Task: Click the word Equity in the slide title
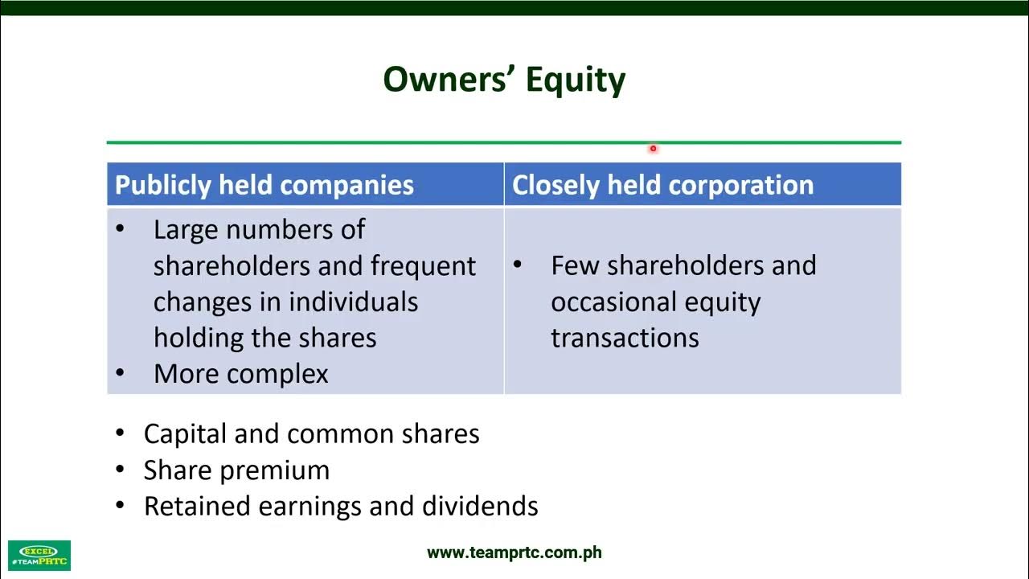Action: (x=576, y=80)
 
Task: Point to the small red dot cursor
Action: (x=653, y=148)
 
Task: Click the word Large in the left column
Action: (x=186, y=230)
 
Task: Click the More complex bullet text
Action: (x=240, y=374)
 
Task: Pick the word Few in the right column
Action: (x=575, y=265)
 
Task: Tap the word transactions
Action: (x=625, y=338)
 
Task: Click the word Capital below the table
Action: (x=185, y=434)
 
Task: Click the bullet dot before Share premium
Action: (x=121, y=470)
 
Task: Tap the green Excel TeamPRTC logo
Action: (x=39, y=555)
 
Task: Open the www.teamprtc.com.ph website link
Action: (x=514, y=552)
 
